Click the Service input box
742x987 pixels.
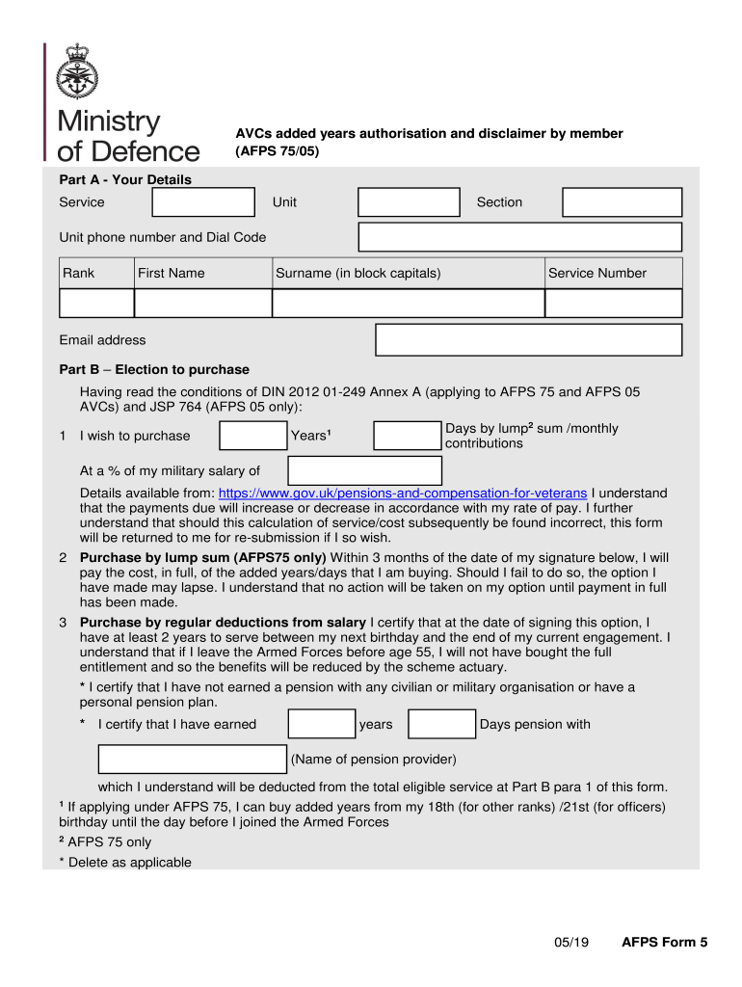pos(203,202)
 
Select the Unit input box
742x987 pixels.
pos(409,202)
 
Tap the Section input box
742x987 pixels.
pos(622,202)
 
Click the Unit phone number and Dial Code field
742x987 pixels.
pos(519,237)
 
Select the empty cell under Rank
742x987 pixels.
pos(96,303)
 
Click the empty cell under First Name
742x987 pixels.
pos(202,303)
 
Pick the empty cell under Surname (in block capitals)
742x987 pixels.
pos(408,303)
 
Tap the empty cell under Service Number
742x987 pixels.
pos(613,303)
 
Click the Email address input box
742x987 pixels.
pos(528,340)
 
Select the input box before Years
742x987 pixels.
pos(252,436)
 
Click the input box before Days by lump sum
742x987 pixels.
pos(407,436)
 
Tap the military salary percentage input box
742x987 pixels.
pos(352,471)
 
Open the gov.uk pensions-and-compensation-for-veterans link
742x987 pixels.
pos(404,493)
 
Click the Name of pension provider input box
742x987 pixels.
pos(193,760)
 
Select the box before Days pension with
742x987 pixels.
pos(441,725)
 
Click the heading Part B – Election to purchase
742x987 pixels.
pos(154,370)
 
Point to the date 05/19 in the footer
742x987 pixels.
pos(571,943)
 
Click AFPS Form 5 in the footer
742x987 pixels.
pos(664,943)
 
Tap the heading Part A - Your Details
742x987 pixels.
pos(125,180)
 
